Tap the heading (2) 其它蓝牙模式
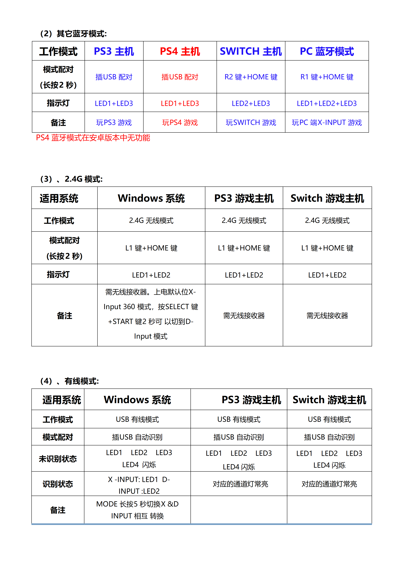click(x=73, y=34)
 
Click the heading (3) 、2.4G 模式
click(x=71, y=179)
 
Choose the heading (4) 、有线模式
click(x=69, y=381)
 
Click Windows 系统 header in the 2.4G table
click(x=151, y=198)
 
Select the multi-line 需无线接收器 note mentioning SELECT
click(x=151, y=314)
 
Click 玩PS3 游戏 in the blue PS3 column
click(x=114, y=122)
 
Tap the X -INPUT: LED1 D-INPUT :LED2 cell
click(x=139, y=485)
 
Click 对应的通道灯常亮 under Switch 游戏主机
click(x=329, y=484)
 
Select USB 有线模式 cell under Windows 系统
click(x=137, y=419)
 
